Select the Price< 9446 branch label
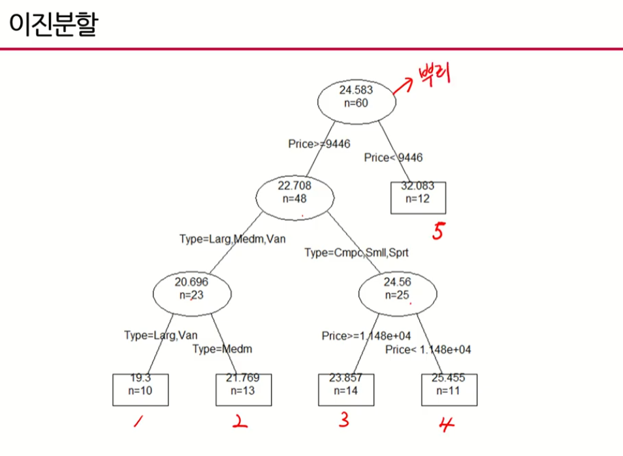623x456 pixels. (393, 157)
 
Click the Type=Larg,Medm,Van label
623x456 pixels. (232, 239)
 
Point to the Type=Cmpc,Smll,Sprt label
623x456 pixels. (357, 252)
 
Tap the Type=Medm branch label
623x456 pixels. (222, 349)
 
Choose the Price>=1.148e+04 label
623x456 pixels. (366, 336)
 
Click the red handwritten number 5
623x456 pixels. (438, 231)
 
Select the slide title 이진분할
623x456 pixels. (52, 24)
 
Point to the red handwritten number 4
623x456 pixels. (447, 425)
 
